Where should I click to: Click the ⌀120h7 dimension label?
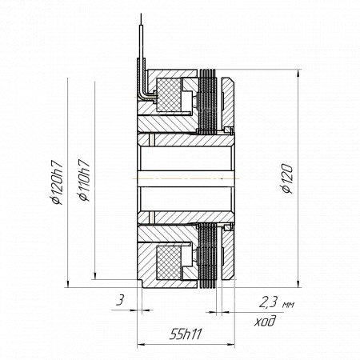[x=58, y=182]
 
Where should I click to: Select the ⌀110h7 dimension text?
[x=84, y=180]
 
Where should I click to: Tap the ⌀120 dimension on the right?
[x=287, y=178]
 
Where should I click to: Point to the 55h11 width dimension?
[x=186, y=334]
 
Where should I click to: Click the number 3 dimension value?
[x=121, y=301]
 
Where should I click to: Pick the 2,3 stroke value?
[x=269, y=302]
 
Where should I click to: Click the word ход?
[x=265, y=321]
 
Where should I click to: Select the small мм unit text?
[x=288, y=305]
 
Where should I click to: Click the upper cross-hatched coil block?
[x=169, y=94]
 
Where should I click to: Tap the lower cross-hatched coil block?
[x=169, y=262]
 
